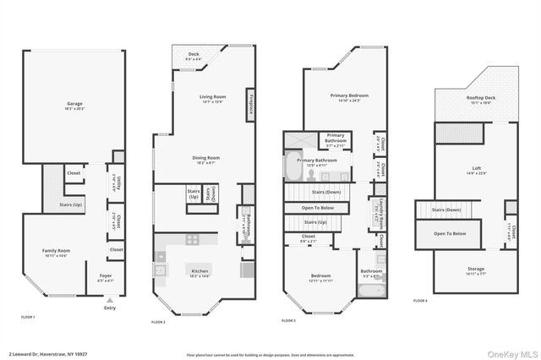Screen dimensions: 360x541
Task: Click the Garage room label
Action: [x=74, y=106]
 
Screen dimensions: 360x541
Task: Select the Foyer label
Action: [x=106, y=276]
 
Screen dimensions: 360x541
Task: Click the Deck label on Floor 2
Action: [x=194, y=56]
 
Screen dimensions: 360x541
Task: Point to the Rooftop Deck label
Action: [x=476, y=99]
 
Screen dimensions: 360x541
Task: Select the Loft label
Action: [x=477, y=170]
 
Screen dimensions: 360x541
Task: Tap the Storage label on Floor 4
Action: [x=476, y=271]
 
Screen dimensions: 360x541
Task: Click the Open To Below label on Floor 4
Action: [x=450, y=232]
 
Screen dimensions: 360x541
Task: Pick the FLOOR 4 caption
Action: [x=420, y=301]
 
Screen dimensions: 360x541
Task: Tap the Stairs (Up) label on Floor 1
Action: [x=72, y=205]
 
